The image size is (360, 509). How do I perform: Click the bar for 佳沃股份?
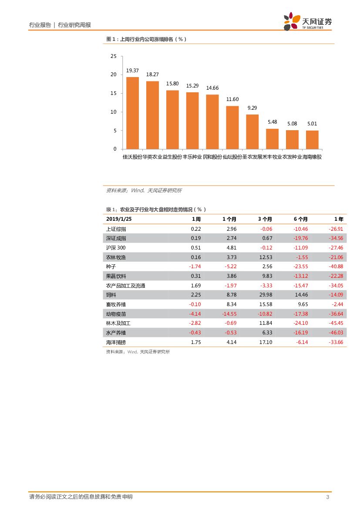pyautogui.click(x=132, y=113)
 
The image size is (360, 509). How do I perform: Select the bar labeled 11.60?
pyautogui.click(x=232, y=128)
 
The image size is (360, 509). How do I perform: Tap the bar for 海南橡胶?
pyautogui.click(x=312, y=140)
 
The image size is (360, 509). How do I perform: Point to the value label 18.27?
pyautogui.click(x=152, y=74)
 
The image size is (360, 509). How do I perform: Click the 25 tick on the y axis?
pyautogui.click(x=114, y=56)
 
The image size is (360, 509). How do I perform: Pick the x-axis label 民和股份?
pyautogui.click(x=212, y=157)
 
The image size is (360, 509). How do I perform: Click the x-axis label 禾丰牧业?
pyautogui.click(x=272, y=157)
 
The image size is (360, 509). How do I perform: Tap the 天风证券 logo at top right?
pyautogui.click(x=307, y=21)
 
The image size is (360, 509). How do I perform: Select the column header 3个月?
pyautogui.click(x=265, y=219)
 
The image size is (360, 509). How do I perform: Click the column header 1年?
pyautogui.click(x=338, y=219)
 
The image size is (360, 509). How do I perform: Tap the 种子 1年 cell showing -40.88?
pyautogui.click(x=336, y=266)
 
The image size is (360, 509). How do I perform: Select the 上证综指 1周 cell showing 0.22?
pyautogui.click(x=196, y=229)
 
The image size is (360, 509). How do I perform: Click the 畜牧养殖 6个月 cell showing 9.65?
pyautogui.click(x=303, y=304)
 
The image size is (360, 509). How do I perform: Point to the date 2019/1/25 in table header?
pyautogui.click(x=119, y=219)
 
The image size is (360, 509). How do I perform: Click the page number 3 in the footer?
pyautogui.click(x=328, y=497)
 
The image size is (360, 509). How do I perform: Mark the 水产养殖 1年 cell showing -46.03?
pyautogui.click(x=336, y=333)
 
